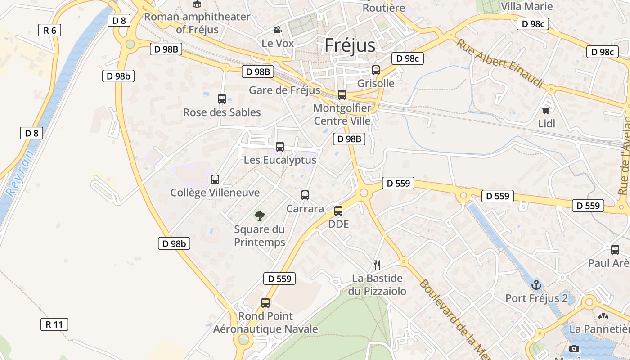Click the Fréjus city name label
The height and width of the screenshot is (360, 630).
click(350, 45)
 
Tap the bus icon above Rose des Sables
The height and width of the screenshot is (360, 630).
click(222, 99)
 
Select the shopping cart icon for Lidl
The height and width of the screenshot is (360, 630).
click(546, 110)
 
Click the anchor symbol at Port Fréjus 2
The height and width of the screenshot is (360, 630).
click(536, 285)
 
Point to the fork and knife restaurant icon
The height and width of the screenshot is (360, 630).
click(377, 265)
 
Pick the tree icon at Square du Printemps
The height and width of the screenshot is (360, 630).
click(260, 216)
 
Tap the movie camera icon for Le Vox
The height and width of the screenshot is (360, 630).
click(278, 30)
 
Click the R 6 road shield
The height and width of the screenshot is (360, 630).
click(49, 31)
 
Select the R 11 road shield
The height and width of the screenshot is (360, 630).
click(54, 324)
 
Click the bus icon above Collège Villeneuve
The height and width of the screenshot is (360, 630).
click(215, 180)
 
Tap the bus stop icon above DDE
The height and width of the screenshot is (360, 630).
click(338, 211)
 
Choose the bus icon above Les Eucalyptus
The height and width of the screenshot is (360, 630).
click(280, 146)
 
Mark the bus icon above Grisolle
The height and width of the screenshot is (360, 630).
click(376, 70)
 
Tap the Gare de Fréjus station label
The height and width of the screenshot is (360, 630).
click(284, 90)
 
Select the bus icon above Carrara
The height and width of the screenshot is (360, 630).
click(305, 195)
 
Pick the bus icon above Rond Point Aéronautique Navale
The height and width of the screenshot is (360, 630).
click(265, 303)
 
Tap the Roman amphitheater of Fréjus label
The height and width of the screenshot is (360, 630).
click(197, 23)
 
